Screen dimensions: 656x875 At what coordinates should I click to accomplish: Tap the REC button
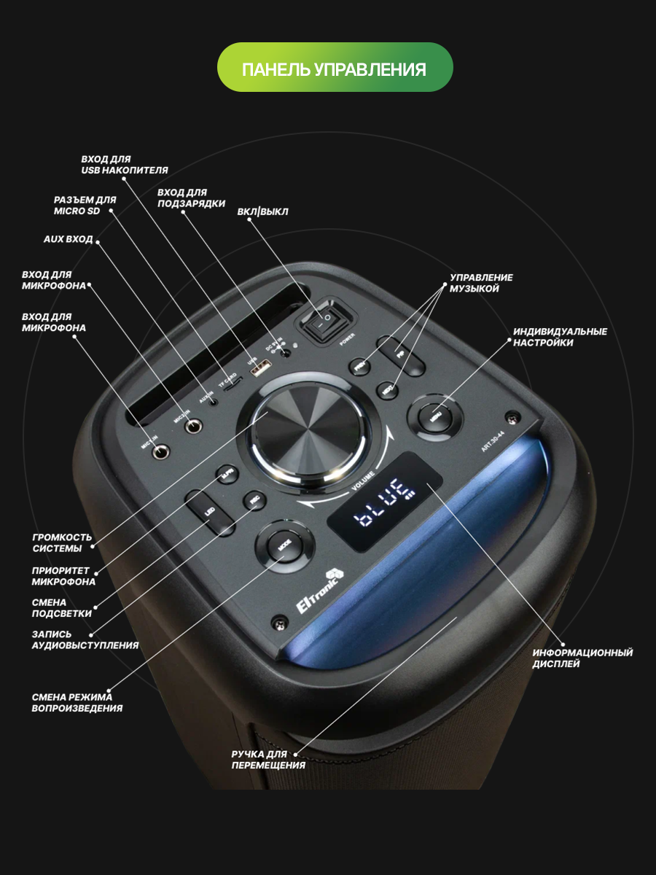(x=254, y=502)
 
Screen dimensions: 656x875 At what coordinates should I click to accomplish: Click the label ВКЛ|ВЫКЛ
(x=262, y=212)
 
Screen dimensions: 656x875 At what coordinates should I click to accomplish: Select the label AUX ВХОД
(x=68, y=239)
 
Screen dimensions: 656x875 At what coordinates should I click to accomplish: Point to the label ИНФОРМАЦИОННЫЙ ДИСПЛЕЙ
(x=582, y=658)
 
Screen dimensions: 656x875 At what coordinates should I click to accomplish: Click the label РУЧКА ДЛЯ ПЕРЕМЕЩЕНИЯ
(x=268, y=759)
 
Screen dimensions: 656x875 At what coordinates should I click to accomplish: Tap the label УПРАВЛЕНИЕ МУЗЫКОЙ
(x=480, y=283)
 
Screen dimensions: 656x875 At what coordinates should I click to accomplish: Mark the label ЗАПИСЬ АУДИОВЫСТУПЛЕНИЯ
(x=85, y=639)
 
